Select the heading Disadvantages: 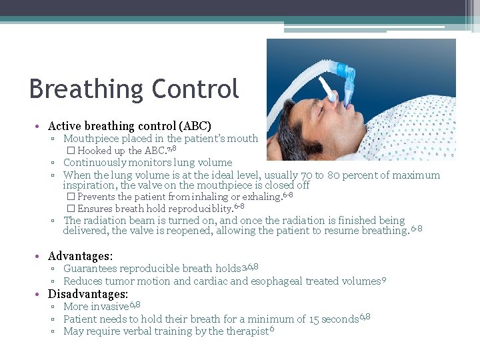point(88,294)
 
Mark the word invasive point(110,307)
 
